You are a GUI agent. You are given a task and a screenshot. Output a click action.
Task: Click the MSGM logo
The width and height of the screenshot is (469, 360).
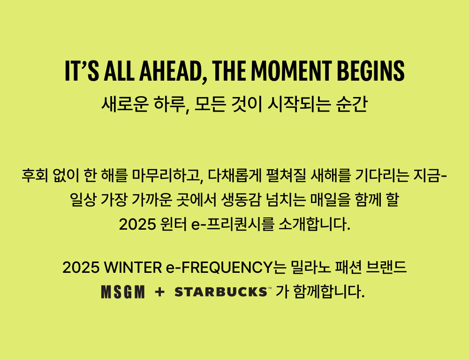[123, 292]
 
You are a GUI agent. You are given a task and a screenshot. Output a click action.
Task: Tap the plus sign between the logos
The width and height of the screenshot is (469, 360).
[160, 292]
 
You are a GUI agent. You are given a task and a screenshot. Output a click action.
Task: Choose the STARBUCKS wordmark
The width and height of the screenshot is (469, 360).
[220, 292]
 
